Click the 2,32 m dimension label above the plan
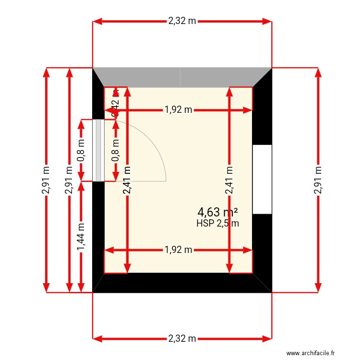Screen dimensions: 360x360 coord(182,21)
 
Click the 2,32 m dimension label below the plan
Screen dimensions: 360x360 coord(182,338)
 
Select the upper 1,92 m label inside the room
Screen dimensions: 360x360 coord(178,110)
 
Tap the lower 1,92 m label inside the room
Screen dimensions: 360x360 coord(178,250)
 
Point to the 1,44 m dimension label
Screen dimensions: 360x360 coord(81,236)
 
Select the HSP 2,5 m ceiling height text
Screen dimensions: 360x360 coord(217,223)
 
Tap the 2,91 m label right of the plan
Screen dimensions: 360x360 coord(317,180)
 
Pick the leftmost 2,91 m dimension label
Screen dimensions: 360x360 coord(46,180)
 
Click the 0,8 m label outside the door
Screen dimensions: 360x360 coord(81,150)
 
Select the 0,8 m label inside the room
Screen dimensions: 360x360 coord(116,150)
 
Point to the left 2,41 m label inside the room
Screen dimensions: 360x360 coord(127,180)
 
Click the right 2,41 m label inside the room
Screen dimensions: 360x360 coord(230,180)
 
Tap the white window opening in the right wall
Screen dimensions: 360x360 coord(262,179)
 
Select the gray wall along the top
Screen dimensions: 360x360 coord(182,77)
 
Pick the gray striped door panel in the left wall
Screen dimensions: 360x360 coord(98,150)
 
